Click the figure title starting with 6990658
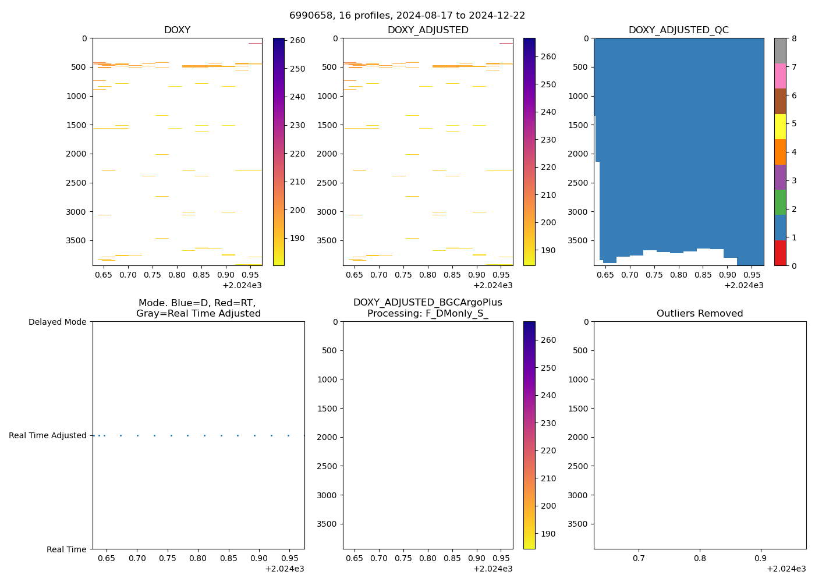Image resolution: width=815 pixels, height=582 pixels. click(407, 16)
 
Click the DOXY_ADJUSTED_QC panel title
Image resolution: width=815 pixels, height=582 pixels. click(678, 30)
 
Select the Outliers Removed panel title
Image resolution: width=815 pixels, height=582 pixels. click(700, 314)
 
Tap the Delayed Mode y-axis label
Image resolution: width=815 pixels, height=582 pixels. click(57, 322)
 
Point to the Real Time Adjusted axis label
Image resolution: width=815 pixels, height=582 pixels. click(48, 435)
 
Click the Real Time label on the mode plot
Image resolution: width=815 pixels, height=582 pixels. click(66, 549)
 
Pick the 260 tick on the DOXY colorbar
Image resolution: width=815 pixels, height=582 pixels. click(297, 40)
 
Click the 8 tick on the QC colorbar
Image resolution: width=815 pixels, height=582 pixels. click(793, 38)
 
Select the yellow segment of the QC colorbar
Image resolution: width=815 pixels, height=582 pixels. click(780, 126)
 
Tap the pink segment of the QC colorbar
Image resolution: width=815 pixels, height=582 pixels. click(780, 76)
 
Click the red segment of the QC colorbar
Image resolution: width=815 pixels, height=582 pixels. click(780, 253)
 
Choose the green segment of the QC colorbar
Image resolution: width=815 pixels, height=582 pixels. click(780, 203)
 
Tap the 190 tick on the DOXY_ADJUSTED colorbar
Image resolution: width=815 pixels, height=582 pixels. click(548, 250)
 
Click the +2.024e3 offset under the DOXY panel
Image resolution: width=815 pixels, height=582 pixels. click(242, 285)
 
